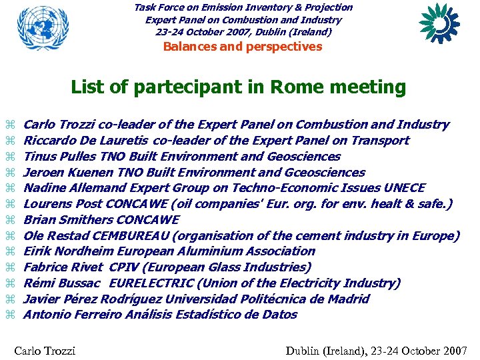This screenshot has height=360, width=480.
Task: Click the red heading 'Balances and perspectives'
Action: [243, 47]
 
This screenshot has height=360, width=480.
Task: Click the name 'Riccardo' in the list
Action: [47, 141]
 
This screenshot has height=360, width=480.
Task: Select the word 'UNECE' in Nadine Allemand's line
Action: [403, 188]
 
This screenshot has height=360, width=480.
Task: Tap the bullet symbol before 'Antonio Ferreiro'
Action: [9, 315]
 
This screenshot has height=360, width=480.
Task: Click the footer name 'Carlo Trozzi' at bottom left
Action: [45, 351]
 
